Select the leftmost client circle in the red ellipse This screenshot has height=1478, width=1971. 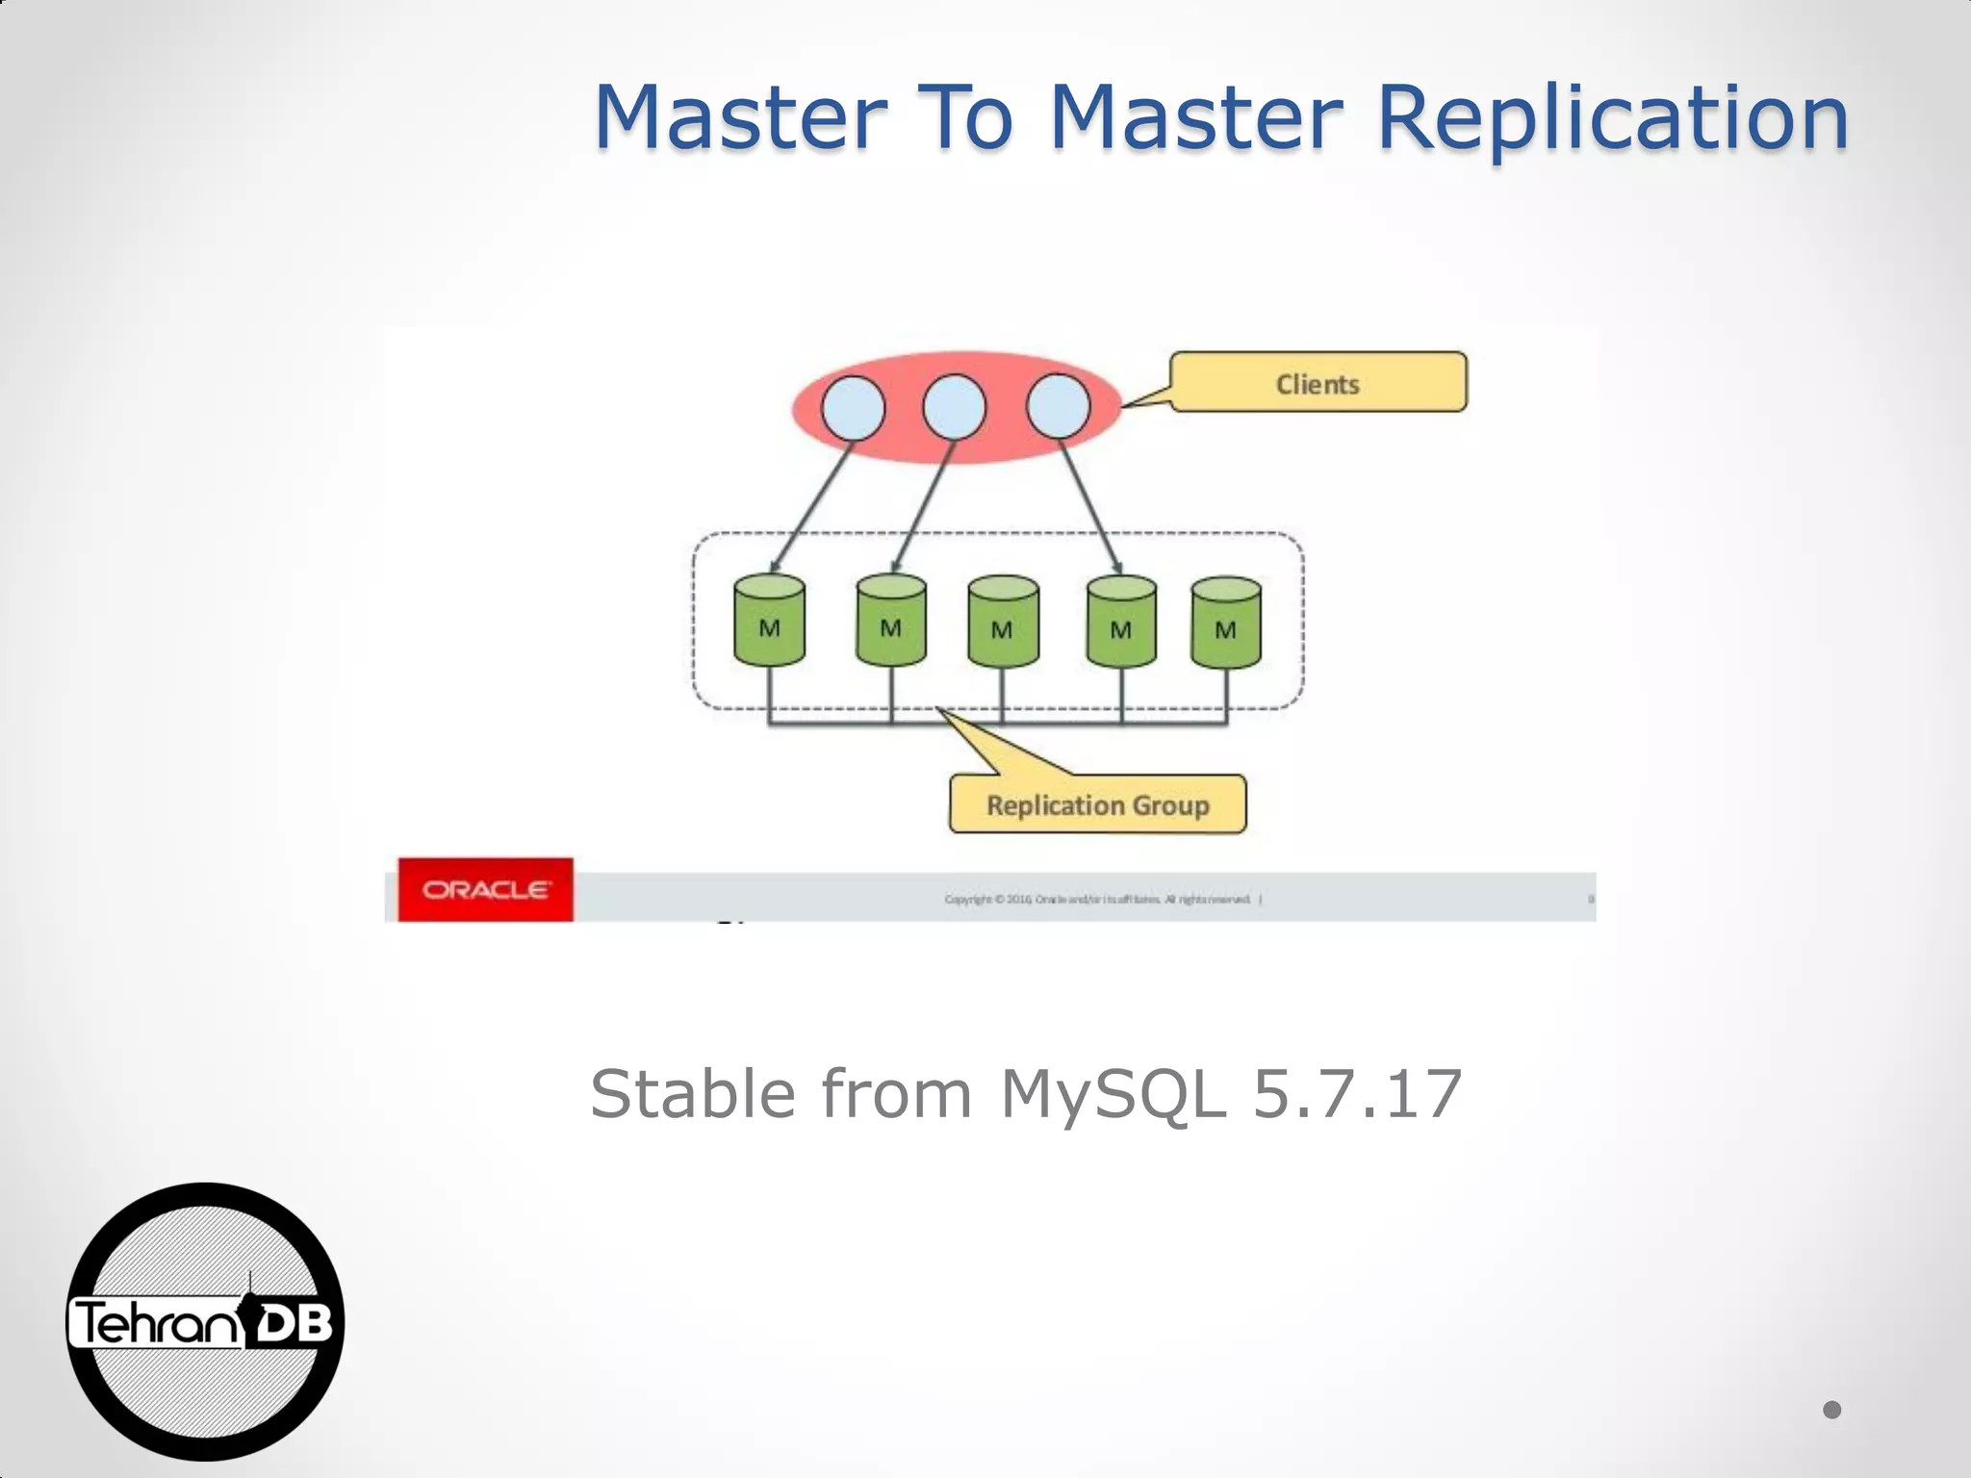coord(853,407)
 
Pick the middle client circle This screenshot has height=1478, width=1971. coord(954,407)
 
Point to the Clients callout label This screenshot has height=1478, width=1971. coord(1318,384)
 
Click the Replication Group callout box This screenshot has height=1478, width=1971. coord(1097,804)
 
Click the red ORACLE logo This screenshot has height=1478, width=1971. coord(486,890)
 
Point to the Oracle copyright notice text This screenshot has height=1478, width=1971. coord(1097,900)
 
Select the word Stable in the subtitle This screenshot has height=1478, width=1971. coord(693,1094)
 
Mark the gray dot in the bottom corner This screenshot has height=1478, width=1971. coord(1831,1410)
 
